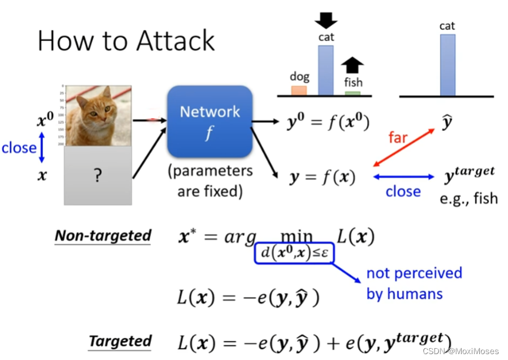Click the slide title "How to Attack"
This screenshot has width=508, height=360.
(x=126, y=41)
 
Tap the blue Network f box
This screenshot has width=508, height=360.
(x=210, y=122)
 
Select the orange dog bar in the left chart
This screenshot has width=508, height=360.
(x=299, y=90)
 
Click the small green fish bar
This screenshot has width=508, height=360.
(x=352, y=93)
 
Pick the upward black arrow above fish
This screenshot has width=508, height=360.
(x=352, y=65)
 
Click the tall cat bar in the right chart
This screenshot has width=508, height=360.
(x=448, y=65)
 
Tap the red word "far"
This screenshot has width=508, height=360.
(x=399, y=137)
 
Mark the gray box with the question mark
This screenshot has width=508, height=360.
(x=97, y=176)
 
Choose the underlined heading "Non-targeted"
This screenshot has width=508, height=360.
(x=103, y=235)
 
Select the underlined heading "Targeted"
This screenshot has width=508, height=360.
(x=120, y=341)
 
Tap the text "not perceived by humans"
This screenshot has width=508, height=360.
(x=414, y=283)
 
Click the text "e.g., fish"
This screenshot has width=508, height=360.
(x=468, y=198)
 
